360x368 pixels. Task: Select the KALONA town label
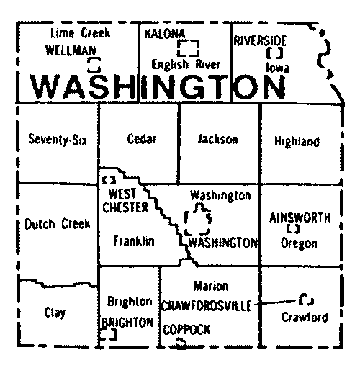tap(165, 35)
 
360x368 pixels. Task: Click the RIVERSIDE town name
tap(261, 41)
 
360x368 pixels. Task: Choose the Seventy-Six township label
tap(55, 140)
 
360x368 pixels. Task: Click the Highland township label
tap(297, 141)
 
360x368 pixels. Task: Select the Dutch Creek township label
tap(58, 224)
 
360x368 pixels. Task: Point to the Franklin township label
tap(134, 242)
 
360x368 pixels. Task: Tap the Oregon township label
tap(299, 243)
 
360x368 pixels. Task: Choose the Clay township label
tap(55, 313)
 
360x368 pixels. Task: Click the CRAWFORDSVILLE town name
tap(207, 306)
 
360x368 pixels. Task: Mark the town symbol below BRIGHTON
tap(109, 336)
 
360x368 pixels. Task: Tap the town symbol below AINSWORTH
tap(292, 229)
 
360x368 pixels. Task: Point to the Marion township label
tap(211, 287)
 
